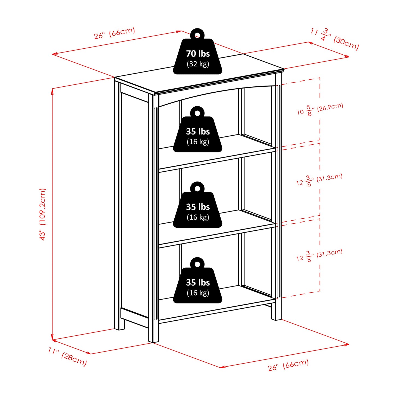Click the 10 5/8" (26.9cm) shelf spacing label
320,109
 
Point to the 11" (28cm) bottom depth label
67,356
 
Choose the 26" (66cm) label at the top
114,33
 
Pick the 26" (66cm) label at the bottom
288,365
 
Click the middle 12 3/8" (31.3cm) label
319,180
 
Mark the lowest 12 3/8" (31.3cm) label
319,255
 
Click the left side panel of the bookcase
134,205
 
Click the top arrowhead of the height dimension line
52,91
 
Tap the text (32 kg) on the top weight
198,64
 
